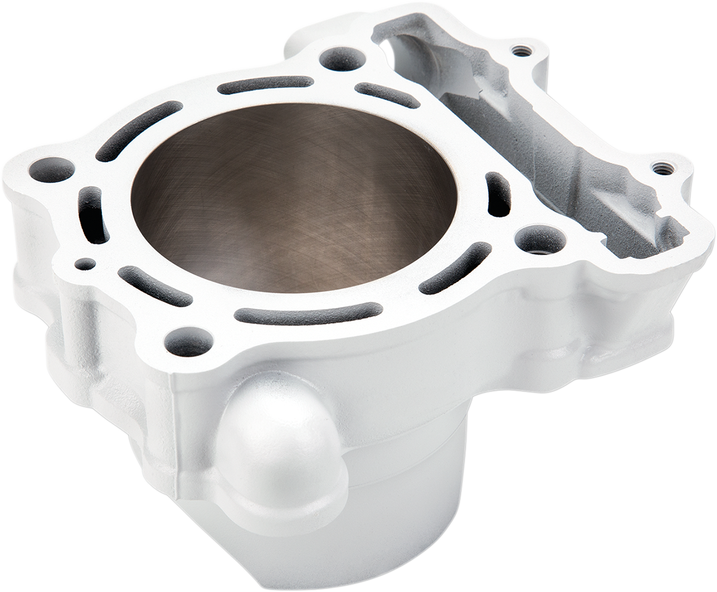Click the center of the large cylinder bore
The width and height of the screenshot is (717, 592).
(294, 198)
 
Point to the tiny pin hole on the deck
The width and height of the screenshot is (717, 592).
(85, 264)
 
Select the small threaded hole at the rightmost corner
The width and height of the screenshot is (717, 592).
(662, 168)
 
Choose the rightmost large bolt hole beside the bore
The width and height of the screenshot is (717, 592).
(540, 239)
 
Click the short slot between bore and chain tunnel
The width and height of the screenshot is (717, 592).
(498, 194)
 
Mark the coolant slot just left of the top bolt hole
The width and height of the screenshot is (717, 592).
(266, 85)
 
